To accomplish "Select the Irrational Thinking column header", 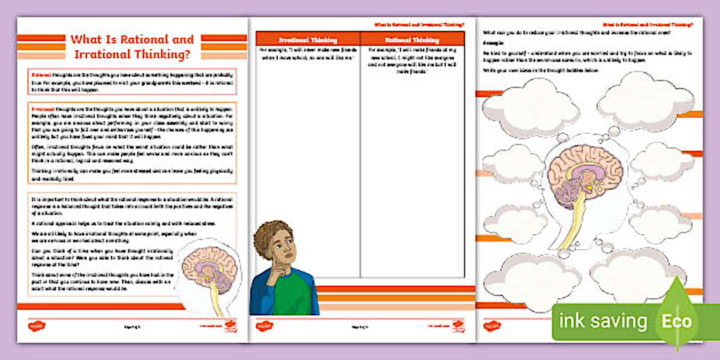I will (x=307, y=40).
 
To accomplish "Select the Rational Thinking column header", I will (x=412, y=40).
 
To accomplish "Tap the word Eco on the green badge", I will (x=677, y=321).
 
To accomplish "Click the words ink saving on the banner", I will (x=602, y=321).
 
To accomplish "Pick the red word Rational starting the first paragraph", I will (x=41, y=74).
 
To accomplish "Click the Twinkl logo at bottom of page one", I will (x=37, y=326).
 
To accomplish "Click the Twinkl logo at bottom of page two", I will (x=265, y=326).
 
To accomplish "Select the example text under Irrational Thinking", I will (x=307, y=55).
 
